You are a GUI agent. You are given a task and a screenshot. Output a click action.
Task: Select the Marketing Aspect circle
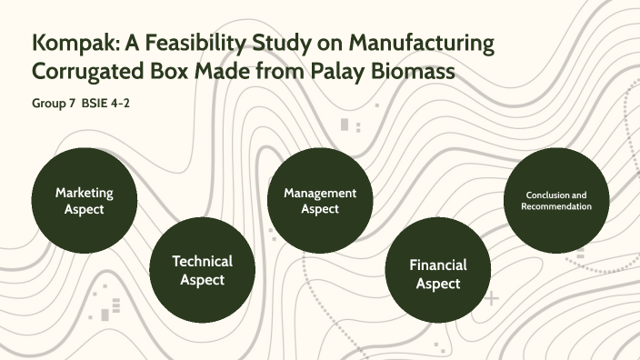pyautogui.click(x=84, y=200)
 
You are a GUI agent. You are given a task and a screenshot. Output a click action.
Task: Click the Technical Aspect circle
pyautogui.click(x=202, y=270)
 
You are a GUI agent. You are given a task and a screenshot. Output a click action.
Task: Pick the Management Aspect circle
pyautogui.click(x=319, y=200)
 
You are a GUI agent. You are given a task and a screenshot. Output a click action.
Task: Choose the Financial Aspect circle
pyautogui.click(x=437, y=272)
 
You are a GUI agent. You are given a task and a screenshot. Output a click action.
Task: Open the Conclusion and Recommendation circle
pyautogui.click(x=555, y=200)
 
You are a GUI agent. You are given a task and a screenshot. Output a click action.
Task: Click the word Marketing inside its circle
pyautogui.click(x=84, y=193)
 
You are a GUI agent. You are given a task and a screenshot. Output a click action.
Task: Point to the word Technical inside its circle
pyautogui.click(x=202, y=262)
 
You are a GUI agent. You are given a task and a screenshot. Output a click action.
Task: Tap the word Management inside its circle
pyautogui.click(x=319, y=193)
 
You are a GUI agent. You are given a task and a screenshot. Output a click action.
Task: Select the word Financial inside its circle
pyautogui.click(x=437, y=265)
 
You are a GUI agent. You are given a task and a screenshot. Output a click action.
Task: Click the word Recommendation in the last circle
pyautogui.click(x=555, y=206)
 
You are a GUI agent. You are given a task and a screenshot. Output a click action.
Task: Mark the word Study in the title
pyautogui.click(x=283, y=43)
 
